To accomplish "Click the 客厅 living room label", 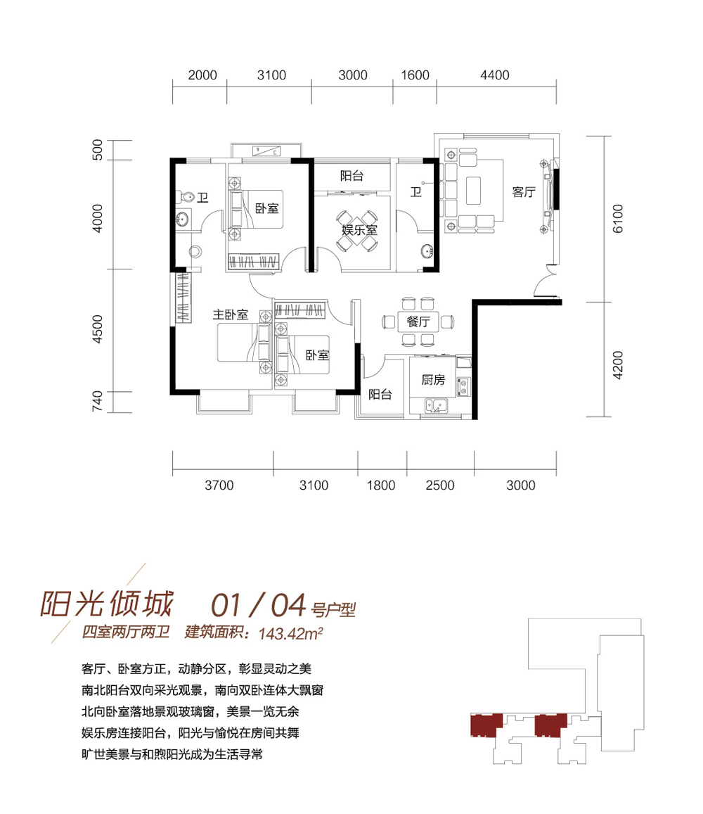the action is [x=524, y=192].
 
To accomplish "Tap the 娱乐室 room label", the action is [x=359, y=230].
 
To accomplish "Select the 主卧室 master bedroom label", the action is [x=231, y=314].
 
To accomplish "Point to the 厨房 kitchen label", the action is [x=433, y=380].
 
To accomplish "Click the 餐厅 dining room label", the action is [x=418, y=322].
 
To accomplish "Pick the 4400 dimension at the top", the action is [x=494, y=75].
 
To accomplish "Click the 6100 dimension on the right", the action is [x=618, y=219].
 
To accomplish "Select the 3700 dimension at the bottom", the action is [x=219, y=485].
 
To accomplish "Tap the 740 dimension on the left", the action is [x=98, y=402].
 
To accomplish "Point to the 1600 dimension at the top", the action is [x=415, y=75].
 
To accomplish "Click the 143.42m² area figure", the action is [x=290, y=633].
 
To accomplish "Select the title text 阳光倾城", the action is [x=106, y=604].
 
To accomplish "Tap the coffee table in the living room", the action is [x=473, y=191].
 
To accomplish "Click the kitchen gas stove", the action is [x=463, y=386].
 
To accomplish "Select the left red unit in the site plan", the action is [x=486, y=725].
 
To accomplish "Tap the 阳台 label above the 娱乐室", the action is [x=351, y=176].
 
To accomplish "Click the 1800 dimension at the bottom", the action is [x=381, y=485].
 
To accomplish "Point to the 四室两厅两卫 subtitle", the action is [x=126, y=632].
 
